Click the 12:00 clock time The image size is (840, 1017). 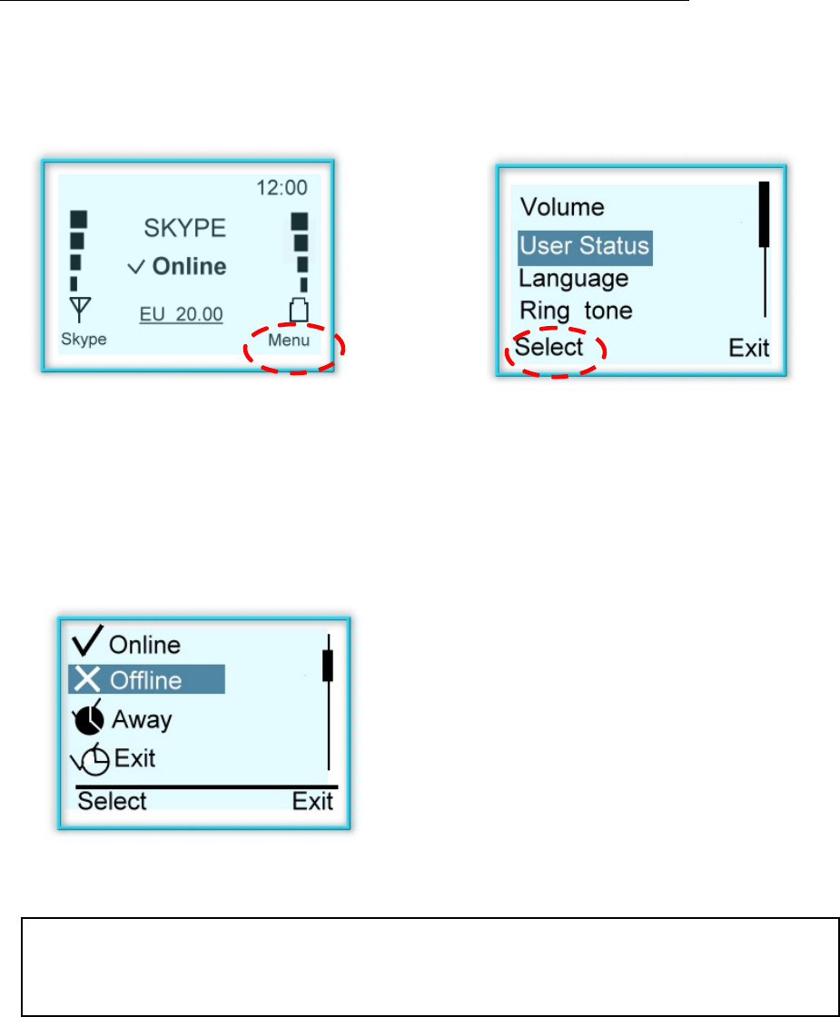click(x=281, y=188)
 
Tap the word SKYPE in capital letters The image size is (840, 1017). click(x=185, y=227)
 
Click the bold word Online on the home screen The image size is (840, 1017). click(x=189, y=267)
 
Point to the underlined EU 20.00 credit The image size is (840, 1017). click(x=181, y=314)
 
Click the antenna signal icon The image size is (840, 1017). click(x=79, y=311)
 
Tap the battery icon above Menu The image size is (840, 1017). click(x=297, y=311)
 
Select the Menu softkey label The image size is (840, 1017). click(x=288, y=341)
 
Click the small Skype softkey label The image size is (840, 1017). click(x=84, y=340)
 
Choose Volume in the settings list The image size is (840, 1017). click(x=561, y=207)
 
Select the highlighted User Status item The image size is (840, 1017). click(x=585, y=246)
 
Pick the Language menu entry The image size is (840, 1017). click(x=573, y=278)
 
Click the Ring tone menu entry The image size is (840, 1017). click(x=576, y=311)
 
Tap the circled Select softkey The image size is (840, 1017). click(x=549, y=347)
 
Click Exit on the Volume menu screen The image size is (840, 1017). click(x=749, y=348)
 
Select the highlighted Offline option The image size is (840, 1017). click(x=145, y=680)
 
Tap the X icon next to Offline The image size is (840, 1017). click(x=87, y=679)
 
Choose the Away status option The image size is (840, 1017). click(x=141, y=720)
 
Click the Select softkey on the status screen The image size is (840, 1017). click(x=112, y=801)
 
